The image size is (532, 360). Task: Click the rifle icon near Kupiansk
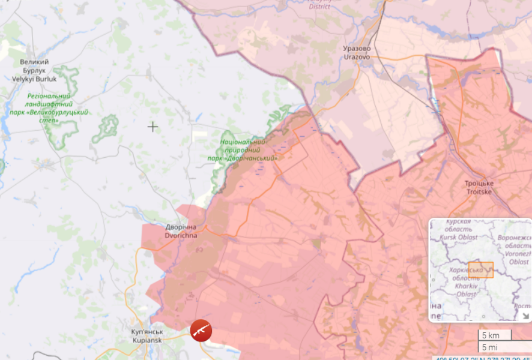click(201, 331)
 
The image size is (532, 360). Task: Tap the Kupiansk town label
click(147, 336)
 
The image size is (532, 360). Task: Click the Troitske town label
click(479, 187)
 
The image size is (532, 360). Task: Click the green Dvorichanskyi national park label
click(243, 149)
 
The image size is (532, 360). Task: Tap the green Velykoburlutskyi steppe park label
click(49, 108)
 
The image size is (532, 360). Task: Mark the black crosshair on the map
click(153, 127)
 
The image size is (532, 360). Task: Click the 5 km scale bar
click(494, 335)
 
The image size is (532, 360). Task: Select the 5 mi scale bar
click(493, 347)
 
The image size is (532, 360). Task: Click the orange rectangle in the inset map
click(481, 269)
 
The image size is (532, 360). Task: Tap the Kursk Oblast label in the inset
click(460, 230)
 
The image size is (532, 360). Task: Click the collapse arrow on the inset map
click(525, 316)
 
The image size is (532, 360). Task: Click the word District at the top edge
click(319, 7)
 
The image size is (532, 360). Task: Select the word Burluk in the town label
click(47, 79)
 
